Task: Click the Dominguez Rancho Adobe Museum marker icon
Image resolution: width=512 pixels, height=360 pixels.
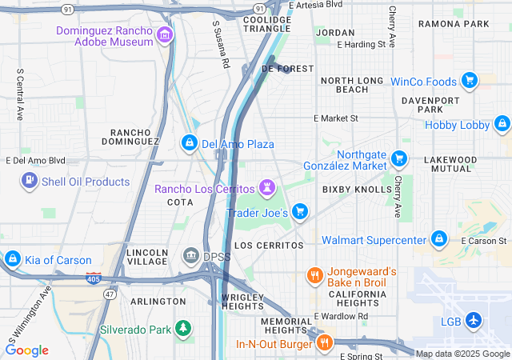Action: [165, 34]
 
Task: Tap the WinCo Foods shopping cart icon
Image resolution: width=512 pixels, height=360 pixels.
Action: [470, 81]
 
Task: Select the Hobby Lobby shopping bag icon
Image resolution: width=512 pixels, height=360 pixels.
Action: [502, 124]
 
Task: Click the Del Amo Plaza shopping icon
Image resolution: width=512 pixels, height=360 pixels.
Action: [189, 143]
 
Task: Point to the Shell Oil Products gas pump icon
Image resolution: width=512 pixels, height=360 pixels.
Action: [30, 181]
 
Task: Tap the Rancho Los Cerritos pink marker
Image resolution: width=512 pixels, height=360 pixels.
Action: [267, 189]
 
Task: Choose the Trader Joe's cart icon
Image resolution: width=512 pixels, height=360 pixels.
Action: [299, 211]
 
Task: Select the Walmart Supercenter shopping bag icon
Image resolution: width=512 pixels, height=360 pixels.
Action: [438, 239]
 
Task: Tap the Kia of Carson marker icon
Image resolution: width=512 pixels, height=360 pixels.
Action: [12, 258]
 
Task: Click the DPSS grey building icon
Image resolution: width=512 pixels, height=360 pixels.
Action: [191, 256]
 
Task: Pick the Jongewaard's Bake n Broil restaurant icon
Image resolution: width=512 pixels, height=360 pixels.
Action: [314, 276]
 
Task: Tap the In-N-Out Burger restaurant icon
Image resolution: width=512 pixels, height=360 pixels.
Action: [324, 343]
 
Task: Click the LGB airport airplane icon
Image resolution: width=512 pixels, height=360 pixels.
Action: [474, 320]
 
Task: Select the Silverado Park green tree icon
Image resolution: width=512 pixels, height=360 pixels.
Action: [184, 328]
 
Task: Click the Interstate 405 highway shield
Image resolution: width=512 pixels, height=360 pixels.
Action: [94, 278]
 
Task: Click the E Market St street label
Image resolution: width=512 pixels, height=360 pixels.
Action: [336, 118]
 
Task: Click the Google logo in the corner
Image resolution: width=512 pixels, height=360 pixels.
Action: [26, 350]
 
